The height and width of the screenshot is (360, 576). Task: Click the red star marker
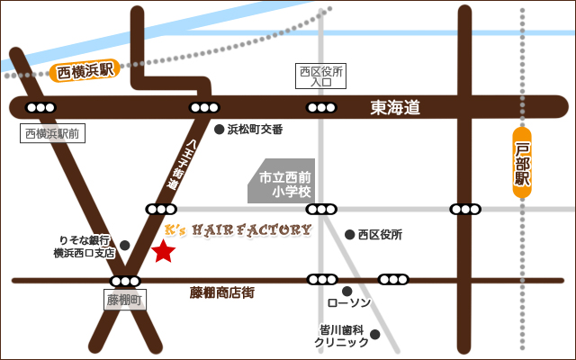click(x=163, y=252)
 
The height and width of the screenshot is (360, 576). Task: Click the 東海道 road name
click(x=395, y=108)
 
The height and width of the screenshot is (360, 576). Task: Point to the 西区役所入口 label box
click(x=321, y=76)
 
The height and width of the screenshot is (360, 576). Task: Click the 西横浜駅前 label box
click(x=52, y=134)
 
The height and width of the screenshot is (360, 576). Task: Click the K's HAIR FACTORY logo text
click(x=239, y=229)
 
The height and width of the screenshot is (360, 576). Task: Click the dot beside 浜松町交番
click(x=219, y=130)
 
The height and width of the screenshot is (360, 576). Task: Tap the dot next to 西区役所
click(x=350, y=235)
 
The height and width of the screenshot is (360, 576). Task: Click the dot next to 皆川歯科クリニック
click(x=375, y=335)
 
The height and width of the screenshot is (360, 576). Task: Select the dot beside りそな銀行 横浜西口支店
click(x=125, y=245)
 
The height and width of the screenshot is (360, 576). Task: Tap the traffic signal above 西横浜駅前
click(x=39, y=108)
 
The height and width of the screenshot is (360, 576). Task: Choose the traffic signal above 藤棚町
click(x=125, y=280)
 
